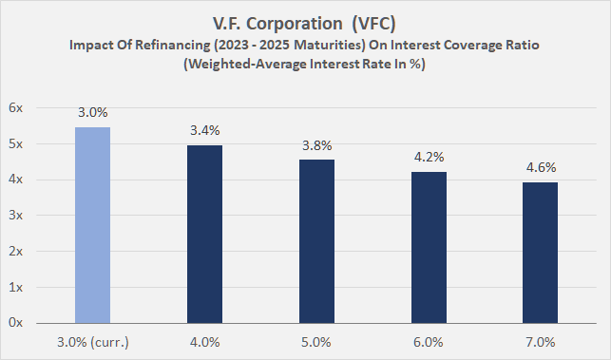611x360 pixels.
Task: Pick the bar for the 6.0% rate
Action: tap(420, 247)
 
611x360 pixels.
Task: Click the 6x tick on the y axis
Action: tap(16, 108)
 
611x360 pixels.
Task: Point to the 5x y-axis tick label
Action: tap(16, 144)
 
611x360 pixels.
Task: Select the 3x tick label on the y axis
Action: tap(16, 216)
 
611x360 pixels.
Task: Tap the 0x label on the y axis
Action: tap(16, 323)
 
